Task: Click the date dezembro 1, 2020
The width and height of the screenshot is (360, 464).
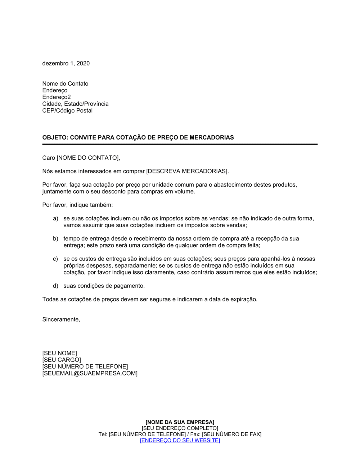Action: [x=66, y=63]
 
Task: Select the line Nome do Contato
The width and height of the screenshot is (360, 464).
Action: [x=65, y=83]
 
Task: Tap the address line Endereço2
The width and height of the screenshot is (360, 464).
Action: [x=57, y=97]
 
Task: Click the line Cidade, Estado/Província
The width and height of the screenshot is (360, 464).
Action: [x=75, y=104]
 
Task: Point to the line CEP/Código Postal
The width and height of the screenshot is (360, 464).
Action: [x=67, y=110]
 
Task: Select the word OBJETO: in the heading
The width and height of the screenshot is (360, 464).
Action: [x=55, y=137]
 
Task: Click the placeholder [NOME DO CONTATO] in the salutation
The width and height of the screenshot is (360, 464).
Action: [x=87, y=158]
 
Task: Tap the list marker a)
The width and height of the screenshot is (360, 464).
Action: [x=55, y=218]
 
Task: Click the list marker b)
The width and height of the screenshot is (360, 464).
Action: [x=55, y=238]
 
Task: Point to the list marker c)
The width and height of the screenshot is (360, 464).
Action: [x=55, y=259]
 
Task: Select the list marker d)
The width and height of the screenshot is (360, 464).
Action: [x=55, y=286]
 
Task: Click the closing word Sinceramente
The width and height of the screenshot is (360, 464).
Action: [x=61, y=319]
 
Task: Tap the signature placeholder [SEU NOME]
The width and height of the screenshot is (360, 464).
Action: [x=59, y=353]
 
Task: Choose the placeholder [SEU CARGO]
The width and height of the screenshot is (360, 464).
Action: [x=62, y=360]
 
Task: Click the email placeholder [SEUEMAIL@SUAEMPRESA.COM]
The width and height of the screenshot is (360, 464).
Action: [x=90, y=373]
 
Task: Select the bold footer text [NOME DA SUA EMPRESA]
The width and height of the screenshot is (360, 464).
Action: [x=180, y=422]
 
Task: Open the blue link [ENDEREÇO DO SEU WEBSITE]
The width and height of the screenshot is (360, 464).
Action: [x=180, y=440]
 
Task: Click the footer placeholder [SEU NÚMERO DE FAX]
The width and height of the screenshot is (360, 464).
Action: [x=231, y=434]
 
